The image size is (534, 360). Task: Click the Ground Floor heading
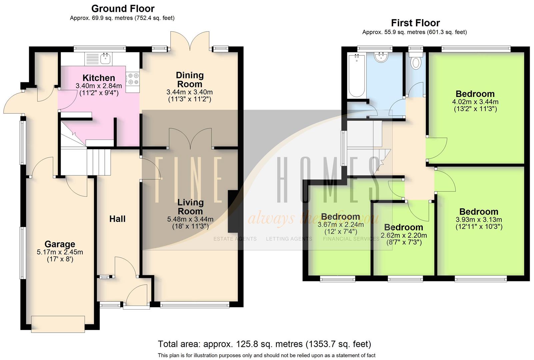pyautogui.click(x=123, y=8)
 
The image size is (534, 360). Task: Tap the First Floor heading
pyautogui.click(x=415, y=23)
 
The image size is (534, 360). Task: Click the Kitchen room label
pyautogui.click(x=99, y=78)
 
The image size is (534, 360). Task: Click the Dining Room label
pyautogui.click(x=189, y=80)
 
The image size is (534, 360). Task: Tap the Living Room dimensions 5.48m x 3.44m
pyautogui.click(x=190, y=219)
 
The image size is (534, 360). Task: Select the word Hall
pyautogui.click(x=117, y=219)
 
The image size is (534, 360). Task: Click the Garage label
pyautogui.click(x=60, y=244)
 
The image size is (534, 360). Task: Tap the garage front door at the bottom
pyautogui.click(x=58, y=324)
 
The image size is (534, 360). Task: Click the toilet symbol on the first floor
pyautogui.click(x=415, y=62)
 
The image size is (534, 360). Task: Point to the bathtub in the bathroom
pyautogui.click(x=356, y=76)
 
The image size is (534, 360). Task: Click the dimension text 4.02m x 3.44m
pyautogui.click(x=475, y=102)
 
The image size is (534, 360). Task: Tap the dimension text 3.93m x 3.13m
pyautogui.click(x=479, y=220)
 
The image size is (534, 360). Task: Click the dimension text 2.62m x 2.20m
pyautogui.click(x=404, y=235)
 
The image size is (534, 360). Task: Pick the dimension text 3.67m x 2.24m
pyautogui.click(x=340, y=225)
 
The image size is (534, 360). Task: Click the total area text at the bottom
pyautogui.click(x=264, y=344)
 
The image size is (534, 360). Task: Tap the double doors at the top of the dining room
pyautogui.click(x=190, y=42)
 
